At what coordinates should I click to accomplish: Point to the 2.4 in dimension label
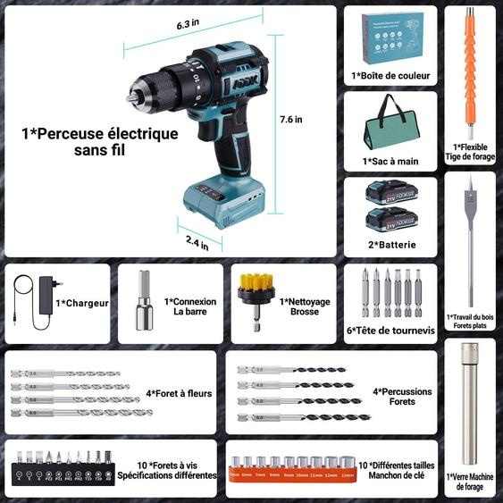tap(198, 239)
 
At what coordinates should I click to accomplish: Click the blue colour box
tap(390, 38)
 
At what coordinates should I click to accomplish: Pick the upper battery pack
tap(390, 194)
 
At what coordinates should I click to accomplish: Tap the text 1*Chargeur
tap(82, 303)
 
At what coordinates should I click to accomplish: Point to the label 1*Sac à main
tap(390, 162)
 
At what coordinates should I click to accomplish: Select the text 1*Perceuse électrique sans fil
tap(100, 142)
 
